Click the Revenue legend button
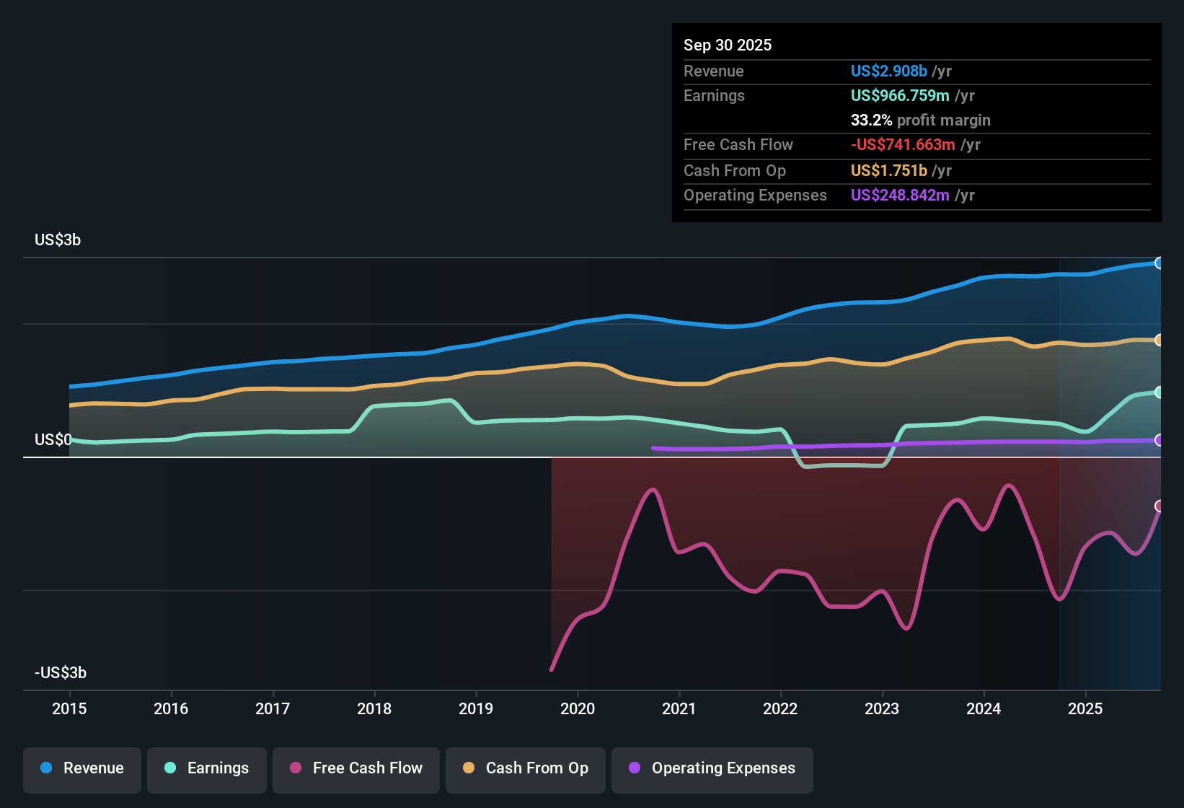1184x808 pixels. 82,768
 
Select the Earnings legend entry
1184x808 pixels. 207,768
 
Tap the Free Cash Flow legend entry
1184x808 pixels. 356,768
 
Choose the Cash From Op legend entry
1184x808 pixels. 526,768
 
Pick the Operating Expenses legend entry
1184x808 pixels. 712,768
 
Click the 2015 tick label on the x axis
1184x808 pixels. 69,708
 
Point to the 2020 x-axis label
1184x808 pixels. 578,708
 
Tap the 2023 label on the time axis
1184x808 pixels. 882,708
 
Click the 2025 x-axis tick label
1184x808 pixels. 1085,708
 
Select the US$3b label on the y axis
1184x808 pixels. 58,240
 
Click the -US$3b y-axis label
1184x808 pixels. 61,672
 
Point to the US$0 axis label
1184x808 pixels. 53,440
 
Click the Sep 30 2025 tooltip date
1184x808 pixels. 728,45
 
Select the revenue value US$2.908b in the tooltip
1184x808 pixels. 888,71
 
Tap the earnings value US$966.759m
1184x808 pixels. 900,96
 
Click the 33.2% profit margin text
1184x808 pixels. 920,120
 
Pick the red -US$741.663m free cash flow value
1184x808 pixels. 903,145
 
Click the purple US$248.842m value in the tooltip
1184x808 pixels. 900,196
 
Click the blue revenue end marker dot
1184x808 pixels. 1159,263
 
